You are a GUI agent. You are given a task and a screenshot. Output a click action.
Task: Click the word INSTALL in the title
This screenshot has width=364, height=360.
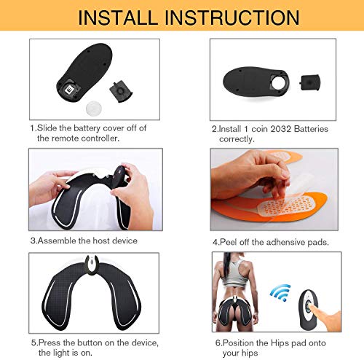[x=118, y=17]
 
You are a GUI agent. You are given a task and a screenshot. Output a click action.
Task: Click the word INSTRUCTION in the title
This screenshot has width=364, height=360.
[x=232, y=17]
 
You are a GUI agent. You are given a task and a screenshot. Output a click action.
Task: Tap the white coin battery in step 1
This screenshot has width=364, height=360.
[x=94, y=109]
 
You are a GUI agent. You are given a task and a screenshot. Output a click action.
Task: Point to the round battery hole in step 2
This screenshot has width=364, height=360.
[x=279, y=82]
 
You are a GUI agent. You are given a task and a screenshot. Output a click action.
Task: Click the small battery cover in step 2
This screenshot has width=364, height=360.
[x=310, y=82]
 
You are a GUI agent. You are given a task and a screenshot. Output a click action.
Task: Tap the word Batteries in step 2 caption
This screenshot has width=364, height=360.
[x=312, y=129]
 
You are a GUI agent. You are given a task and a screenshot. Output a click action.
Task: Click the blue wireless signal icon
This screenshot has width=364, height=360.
[x=281, y=292]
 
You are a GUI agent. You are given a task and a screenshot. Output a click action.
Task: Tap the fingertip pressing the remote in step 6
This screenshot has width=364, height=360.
[x=312, y=307]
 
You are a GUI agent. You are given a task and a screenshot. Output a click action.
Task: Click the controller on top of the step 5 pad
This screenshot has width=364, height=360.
[x=92, y=265]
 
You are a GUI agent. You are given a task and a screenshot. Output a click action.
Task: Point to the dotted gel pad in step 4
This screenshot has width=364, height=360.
[x=286, y=206]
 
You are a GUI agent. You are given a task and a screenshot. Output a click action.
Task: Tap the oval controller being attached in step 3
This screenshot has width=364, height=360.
[x=119, y=177]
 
